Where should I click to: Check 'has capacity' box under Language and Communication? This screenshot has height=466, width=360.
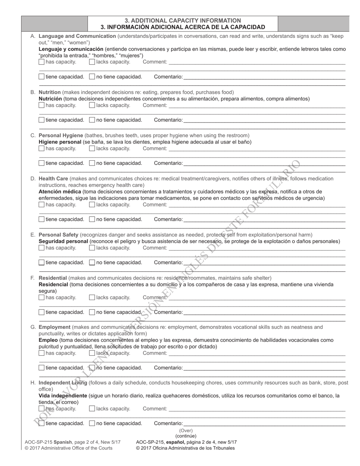coord(41,62)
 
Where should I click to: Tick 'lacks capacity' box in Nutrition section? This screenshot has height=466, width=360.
coord(92,105)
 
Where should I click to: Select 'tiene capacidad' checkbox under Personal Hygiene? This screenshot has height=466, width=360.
coord(41,163)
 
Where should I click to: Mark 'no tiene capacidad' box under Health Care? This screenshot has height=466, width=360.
coord(92,219)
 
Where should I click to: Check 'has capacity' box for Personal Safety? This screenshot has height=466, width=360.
coord(41,248)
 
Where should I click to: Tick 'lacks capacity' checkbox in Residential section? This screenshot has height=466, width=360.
coord(92,297)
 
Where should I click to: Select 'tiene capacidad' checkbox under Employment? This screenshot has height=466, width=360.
coord(41,368)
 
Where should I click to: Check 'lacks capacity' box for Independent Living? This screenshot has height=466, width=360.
coord(92,409)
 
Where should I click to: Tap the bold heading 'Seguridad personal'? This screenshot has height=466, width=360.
coord(63,241)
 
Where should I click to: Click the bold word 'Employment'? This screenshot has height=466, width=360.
coord(55,327)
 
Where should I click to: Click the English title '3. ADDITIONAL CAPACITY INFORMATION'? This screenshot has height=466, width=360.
coord(183,20)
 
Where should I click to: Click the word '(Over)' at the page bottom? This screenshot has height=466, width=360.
coord(186,430)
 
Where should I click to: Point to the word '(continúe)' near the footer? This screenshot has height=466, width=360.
coord(186,436)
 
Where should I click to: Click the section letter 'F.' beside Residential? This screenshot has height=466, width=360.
coord(33,278)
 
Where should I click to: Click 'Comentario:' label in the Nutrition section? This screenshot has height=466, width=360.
coord(168,120)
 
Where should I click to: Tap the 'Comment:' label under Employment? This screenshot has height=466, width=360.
coord(155,353)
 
